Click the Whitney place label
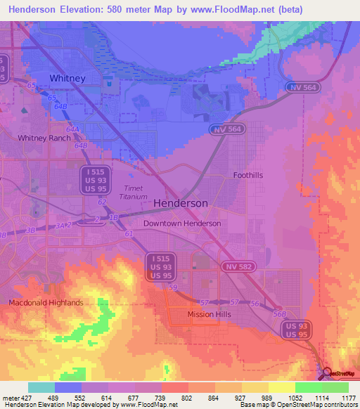click(x=67, y=78)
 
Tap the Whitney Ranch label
click(x=44, y=138)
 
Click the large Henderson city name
click(x=180, y=202)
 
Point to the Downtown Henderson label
click(x=182, y=223)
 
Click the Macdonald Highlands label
click(x=46, y=303)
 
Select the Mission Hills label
click(x=209, y=315)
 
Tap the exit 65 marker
click(x=32, y=84)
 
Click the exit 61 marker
click(x=128, y=233)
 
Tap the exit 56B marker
click(x=279, y=314)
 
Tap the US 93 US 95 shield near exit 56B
click(x=293, y=331)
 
